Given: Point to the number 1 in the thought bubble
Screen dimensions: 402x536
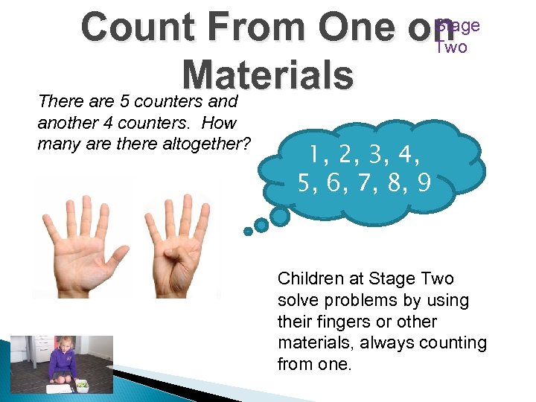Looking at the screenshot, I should [318, 155].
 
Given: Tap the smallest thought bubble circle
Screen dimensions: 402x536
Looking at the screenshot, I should [247, 231].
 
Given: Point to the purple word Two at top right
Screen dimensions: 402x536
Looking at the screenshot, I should [451, 48].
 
